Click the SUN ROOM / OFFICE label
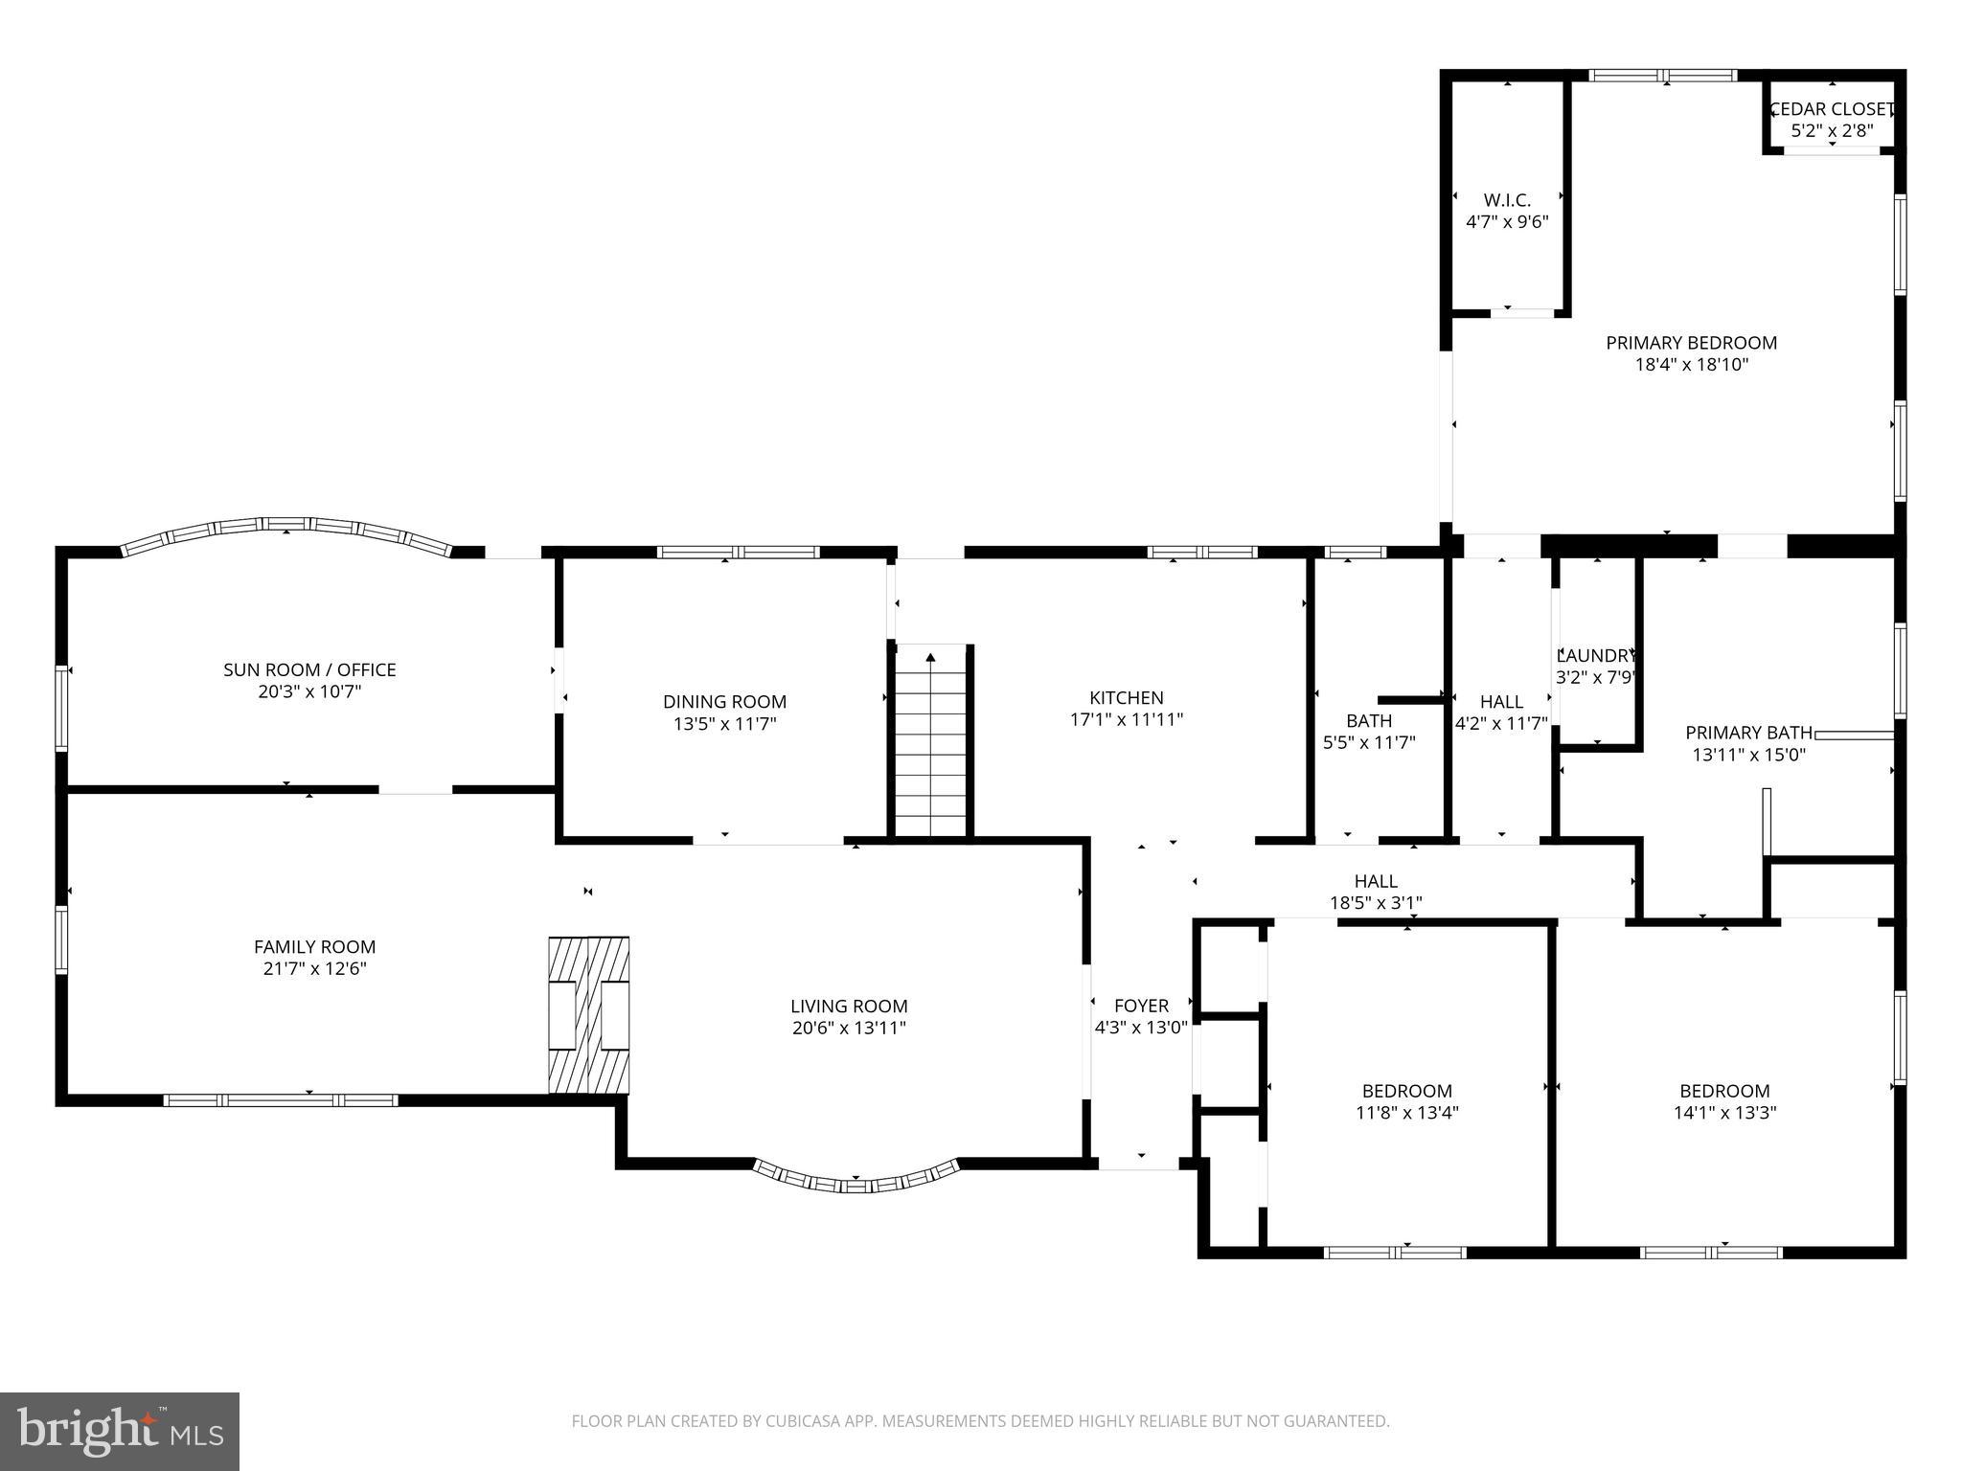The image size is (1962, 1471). (x=309, y=669)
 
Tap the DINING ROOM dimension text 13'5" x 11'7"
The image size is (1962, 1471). (x=724, y=724)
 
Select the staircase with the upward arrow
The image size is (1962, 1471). (x=930, y=741)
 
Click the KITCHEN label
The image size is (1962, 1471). (x=1126, y=697)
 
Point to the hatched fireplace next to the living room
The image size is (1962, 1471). (x=588, y=1015)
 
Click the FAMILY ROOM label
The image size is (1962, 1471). (x=314, y=946)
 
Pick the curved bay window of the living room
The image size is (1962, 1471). (x=856, y=1179)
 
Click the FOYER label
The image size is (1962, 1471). (x=1141, y=1006)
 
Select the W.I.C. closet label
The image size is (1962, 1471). (x=1507, y=200)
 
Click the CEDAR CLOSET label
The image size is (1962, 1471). (x=1831, y=109)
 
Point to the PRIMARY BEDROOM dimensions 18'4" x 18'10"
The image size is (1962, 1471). (x=1691, y=365)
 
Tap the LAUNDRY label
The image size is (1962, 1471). (x=1595, y=656)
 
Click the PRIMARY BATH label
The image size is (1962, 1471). (x=1748, y=733)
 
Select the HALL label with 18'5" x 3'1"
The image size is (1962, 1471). (x=1375, y=880)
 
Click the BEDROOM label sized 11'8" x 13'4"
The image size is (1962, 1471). (x=1406, y=1091)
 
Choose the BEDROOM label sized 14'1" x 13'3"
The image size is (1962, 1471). (x=1723, y=1091)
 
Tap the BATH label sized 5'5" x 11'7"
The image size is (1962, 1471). (x=1368, y=720)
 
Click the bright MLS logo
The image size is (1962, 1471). (x=120, y=1432)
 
